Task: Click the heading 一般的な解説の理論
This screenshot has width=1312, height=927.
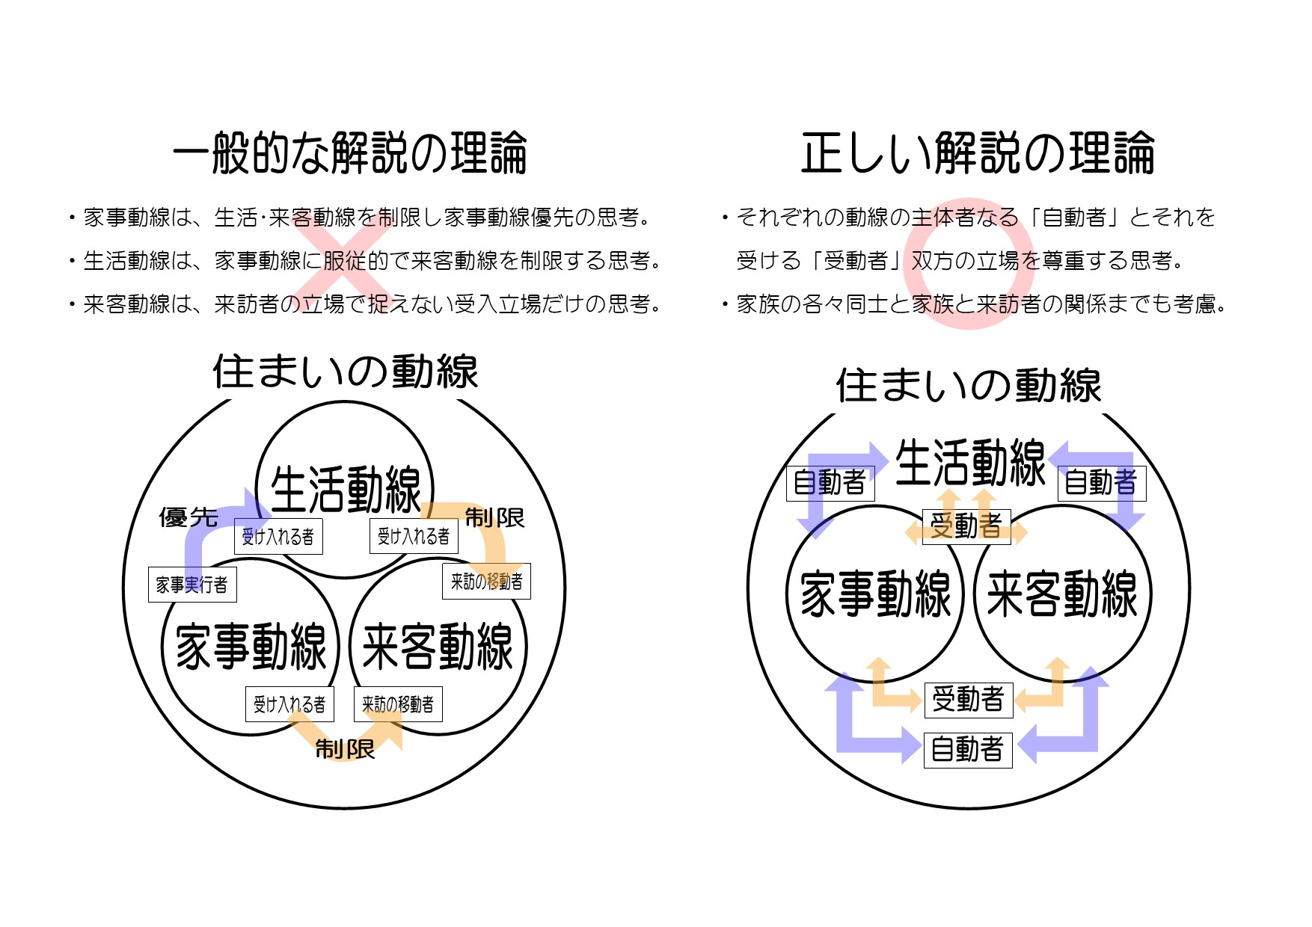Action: tap(350, 153)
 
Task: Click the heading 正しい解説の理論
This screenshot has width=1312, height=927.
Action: tap(978, 153)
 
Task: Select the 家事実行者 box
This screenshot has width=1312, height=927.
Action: tap(192, 584)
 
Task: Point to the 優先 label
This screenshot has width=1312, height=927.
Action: tap(188, 517)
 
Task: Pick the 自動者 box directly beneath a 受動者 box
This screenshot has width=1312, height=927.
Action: tap(968, 750)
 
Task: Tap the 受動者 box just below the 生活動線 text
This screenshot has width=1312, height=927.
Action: tap(966, 526)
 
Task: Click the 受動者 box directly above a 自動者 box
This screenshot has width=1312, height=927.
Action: tap(968, 700)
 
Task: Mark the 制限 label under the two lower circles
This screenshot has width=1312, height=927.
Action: tap(345, 748)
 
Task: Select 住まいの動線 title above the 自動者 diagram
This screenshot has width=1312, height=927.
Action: tap(969, 386)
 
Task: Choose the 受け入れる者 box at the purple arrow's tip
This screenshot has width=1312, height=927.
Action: tap(278, 536)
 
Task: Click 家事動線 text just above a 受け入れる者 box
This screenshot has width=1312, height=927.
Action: tap(251, 647)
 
